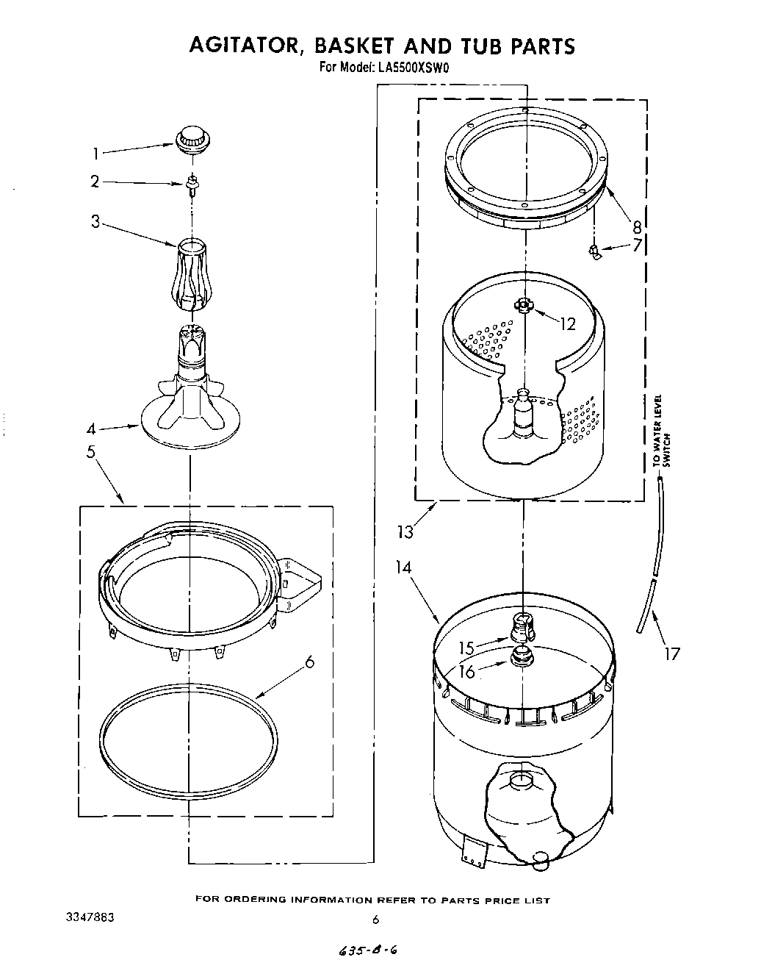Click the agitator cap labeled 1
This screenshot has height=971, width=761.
192,138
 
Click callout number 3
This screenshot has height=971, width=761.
95,220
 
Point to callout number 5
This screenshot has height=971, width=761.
91,451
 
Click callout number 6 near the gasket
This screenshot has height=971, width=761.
309,662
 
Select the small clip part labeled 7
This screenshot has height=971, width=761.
594,251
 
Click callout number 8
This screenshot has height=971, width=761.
637,226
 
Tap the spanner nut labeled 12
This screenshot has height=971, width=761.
522,304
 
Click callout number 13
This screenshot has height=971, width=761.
405,531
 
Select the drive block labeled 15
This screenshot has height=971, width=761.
522,628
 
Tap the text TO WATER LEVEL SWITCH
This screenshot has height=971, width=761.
661,430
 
